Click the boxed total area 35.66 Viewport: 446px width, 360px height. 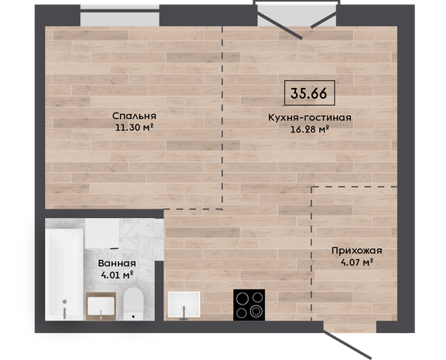(310, 93)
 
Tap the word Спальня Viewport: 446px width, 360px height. (134, 116)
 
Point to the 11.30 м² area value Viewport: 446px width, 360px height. (134, 128)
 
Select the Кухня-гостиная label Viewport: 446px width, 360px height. (310, 117)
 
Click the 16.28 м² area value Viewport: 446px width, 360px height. (310, 129)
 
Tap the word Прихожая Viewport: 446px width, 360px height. (356, 251)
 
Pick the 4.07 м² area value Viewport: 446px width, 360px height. (356, 262)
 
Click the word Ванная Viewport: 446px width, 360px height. (117, 263)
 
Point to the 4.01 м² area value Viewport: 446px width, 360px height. (117, 275)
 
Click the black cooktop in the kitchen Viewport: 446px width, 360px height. (249, 304)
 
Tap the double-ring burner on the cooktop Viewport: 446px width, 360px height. (256, 311)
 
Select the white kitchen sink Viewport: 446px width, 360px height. (184, 304)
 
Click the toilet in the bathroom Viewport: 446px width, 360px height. (133, 304)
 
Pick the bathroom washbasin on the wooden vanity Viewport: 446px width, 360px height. (101, 306)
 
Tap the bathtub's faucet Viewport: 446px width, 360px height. (65, 309)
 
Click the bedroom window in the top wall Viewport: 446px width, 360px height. (120, 16)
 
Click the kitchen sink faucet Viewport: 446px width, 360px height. (184, 313)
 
